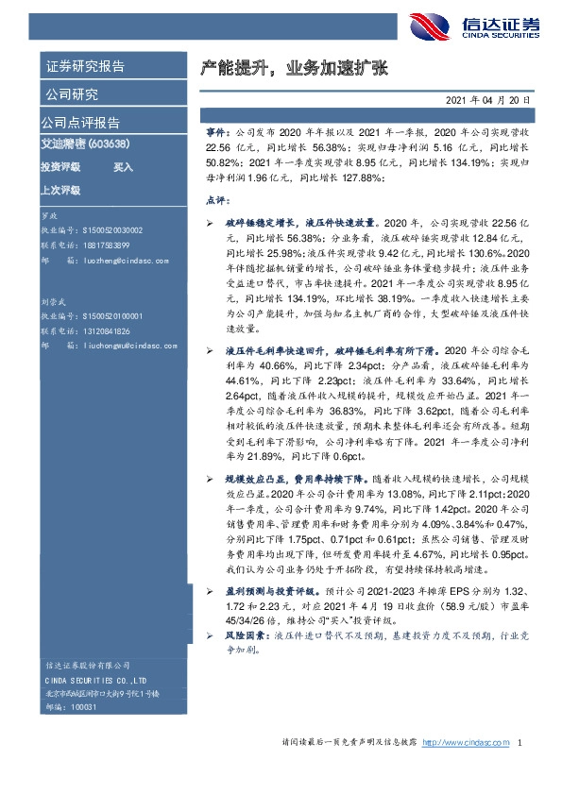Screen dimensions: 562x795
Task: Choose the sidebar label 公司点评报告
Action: [x=80, y=123]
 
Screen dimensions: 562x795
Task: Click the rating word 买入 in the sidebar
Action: [x=124, y=166]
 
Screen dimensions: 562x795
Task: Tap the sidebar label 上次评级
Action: [x=60, y=190]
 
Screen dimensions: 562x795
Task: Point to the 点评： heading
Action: [x=217, y=201]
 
